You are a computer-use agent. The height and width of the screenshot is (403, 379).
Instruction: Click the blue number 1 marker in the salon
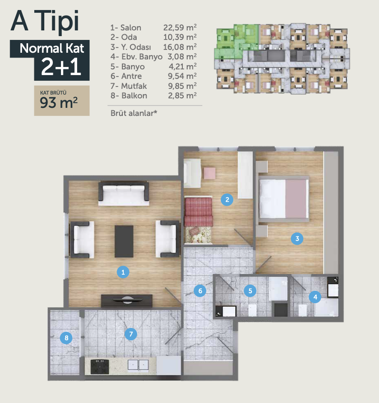pyautogui.click(x=123, y=272)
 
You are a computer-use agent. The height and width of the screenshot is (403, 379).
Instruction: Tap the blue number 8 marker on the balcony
pyautogui.click(x=66, y=338)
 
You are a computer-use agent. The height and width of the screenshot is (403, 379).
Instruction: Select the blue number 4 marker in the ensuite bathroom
pyautogui.click(x=315, y=297)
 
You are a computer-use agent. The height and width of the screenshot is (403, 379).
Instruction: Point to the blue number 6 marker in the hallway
pyautogui.click(x=200, y=291)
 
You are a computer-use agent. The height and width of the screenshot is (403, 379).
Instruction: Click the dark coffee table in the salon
pyautogui.click(x=124, y=241)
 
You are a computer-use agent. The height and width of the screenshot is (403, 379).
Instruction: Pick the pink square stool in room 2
pyautogui.click(x=209, y=173)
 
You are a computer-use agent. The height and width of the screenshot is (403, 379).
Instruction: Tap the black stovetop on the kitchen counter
pyautogui.click(x=100, y=366)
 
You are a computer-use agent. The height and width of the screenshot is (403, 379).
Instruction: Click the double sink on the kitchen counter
pyautogui.click(x=138, y=365)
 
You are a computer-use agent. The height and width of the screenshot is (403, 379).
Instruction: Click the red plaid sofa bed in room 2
pyautogui.click(x=198, y=211)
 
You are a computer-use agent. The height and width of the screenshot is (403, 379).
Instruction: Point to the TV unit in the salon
pyautogui.click(x=127, y=301)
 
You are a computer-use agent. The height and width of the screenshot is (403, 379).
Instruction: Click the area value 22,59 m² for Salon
pyautogui.click(x=180, y=27)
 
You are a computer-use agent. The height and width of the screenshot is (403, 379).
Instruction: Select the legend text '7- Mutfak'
pyautogui.click(x=129, y=86)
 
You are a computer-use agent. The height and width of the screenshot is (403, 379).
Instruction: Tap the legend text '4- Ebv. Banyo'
pyautogui.click(x=137, y=57)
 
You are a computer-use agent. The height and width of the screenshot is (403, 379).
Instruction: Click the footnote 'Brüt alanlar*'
pyautogui.click(x=134, y=113)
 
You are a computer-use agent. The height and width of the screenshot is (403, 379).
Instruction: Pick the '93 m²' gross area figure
pyautogui.click(x=59, y=103)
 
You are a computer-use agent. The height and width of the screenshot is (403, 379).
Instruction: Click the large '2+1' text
pyautogui.click(x=61, y=67)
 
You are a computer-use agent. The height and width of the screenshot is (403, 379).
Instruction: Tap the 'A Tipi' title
pyautogui.click(x=45, y=21)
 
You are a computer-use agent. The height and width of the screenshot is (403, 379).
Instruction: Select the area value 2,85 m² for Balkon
pyautogui.click(x=182, y=96)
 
